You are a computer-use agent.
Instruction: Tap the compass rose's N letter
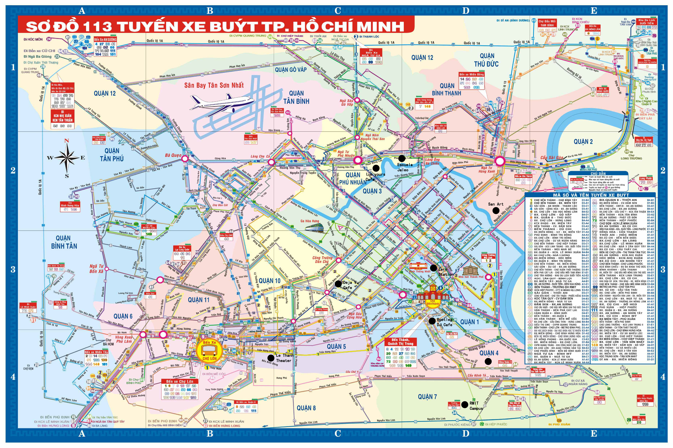point(67,141)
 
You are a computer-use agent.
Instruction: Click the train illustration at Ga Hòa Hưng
point(315,228)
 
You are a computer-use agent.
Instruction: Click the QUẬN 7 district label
point(427,397)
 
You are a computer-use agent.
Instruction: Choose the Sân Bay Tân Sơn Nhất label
point(214,85)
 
